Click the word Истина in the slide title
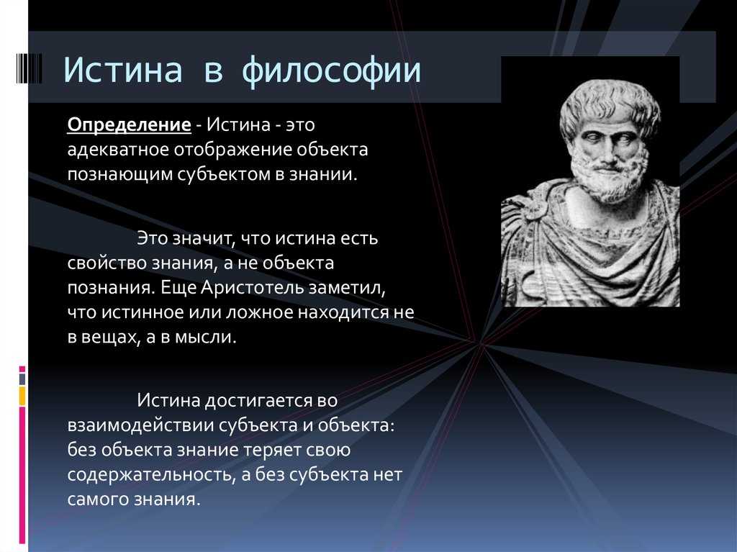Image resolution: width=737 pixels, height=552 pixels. (122, 70)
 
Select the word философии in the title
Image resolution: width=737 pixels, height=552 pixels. (331, 71)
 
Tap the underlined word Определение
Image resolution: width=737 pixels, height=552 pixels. (130, 125)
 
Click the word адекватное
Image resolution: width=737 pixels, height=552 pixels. (118, 150)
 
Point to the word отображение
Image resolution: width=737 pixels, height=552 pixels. (232, 150)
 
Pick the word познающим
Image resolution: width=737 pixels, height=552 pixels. (119, 174)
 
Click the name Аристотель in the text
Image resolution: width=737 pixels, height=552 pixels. (252, 287)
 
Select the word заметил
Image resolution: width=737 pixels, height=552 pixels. (347, 288)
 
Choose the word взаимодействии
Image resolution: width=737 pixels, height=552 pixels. (140, 425)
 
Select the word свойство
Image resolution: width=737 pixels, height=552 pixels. (107, 263)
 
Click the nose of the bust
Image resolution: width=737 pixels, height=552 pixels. (607, 150)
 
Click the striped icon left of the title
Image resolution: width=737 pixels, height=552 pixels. (29, 68)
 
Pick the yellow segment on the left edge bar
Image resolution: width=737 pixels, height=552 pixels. (22, 396)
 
